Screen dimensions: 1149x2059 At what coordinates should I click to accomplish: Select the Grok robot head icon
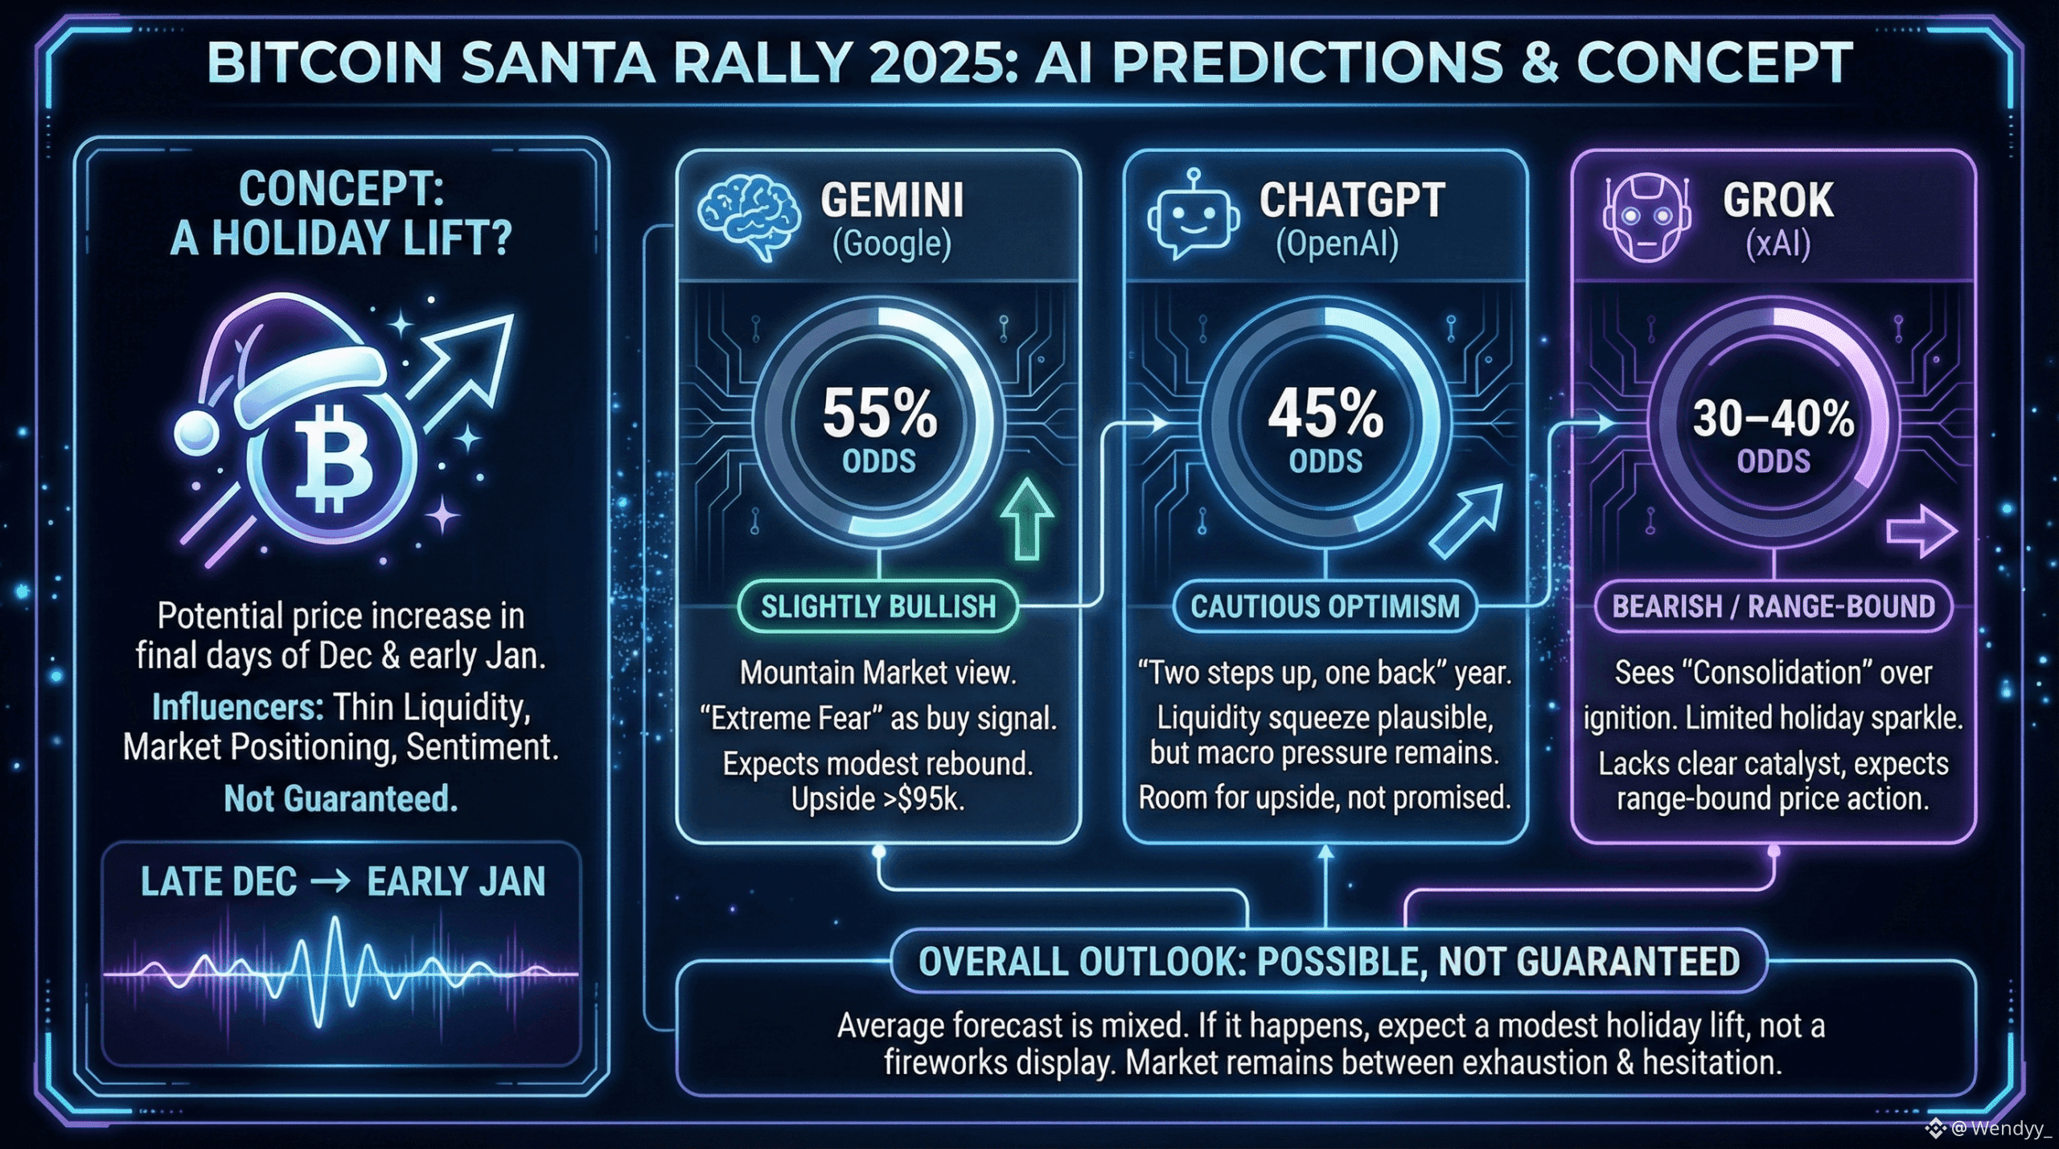pos(1645,217)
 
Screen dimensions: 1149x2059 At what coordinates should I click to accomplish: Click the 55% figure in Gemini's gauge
pos(879,414)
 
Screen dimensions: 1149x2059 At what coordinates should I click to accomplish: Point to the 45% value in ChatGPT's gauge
pos(1325,414)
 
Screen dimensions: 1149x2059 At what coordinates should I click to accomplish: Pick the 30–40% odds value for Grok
pos(1773,419)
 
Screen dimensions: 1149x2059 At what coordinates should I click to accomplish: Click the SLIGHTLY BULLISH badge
pos(878,606)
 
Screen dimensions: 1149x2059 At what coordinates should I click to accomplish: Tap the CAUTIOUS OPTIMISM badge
pos(1325,606)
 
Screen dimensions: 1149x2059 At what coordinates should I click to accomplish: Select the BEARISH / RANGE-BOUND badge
pos(1773,606)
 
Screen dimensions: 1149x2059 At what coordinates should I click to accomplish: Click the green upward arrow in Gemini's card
pos(1027,519)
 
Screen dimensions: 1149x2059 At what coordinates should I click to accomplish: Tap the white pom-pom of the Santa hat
pos(195,433)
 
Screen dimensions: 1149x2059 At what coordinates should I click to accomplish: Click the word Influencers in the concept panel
pos(237,708)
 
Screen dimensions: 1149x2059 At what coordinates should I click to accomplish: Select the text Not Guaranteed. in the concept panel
pos(340,798)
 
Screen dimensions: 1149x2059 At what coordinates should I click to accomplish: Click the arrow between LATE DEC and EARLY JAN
pos(331,882)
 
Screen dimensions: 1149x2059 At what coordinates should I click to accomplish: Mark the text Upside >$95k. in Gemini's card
pos(877,798)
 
